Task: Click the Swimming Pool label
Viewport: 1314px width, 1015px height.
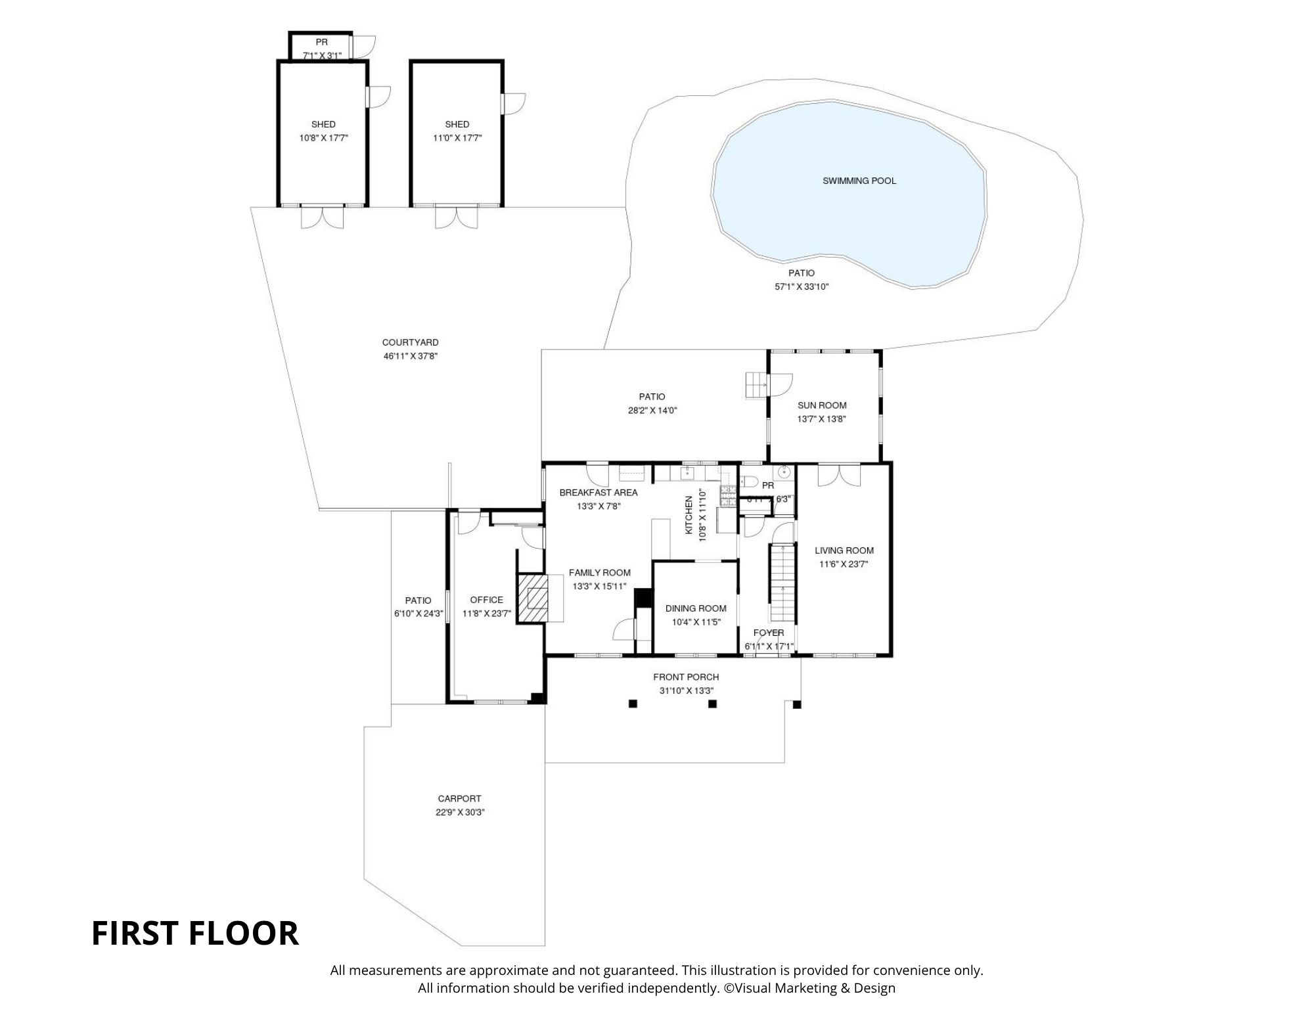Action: pyautogui.click(x=859, y=181)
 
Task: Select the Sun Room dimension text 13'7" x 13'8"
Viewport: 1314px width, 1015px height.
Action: pyautogui.click(x=821, y=419)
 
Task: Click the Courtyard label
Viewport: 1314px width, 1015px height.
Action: pyautogui.click(x=410, y=342)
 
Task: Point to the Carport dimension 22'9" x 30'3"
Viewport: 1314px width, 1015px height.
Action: pyautogui.click(x=460, y=812)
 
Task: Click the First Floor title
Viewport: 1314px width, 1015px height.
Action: pyautogui.click(x=194, y=933)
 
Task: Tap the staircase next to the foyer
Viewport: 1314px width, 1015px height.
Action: pyautogui.click(x=782, y=582)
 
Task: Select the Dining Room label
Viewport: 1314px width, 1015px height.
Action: pyautogui.click(x=695, y=608)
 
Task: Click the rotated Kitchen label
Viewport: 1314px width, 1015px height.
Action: pyautogui.click(x=689, y=515)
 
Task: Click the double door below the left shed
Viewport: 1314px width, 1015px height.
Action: pyautogui.click(x=322, y=217)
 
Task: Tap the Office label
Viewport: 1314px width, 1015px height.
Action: pyautogui.click(x=486, y=600)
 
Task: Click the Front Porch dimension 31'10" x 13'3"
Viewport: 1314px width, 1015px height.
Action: pyautogui.click(x=686, y=690)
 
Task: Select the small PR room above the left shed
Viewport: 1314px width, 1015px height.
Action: pyautogui.click(x=321, y=48)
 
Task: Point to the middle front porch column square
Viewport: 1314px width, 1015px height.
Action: pyautogui.click(x=712, y=704)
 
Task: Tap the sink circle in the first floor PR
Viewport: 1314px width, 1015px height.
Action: pyautogui.click(x=784, y=472)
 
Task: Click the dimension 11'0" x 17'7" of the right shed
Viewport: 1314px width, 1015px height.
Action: pyautogui.click(x=457, y=138)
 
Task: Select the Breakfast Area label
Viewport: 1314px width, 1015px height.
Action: pyautogui.click(x=598, y=492)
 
